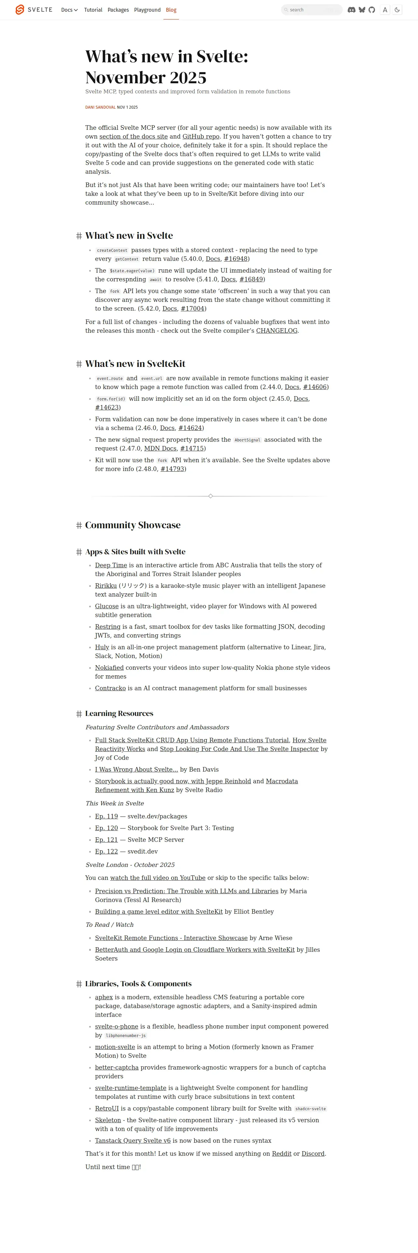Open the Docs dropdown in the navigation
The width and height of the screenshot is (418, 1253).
pos(69,10)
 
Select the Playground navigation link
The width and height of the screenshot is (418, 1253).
pos(147,10)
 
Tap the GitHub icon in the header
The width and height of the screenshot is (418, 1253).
pos(372,10)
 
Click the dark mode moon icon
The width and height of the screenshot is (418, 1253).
pos(397,10)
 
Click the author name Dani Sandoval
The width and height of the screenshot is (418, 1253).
pos(100,107)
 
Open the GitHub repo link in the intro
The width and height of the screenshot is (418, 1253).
pos(201,137)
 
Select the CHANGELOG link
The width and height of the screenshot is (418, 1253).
pos(276,331)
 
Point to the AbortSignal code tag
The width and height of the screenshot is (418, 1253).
pos(247,440)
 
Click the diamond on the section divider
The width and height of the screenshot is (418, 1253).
pos(210,496)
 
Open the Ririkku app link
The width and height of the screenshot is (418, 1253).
pos(105,586)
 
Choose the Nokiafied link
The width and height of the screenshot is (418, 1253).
pos(109,668)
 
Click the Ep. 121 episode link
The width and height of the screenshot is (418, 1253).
pos(106,840)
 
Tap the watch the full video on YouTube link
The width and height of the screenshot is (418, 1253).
pos(158,878)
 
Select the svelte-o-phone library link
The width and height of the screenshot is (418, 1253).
pos(116,1027)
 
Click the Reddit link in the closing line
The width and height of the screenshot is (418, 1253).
pos(281,1154)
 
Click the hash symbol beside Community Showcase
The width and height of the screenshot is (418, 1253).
pos(79,525)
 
